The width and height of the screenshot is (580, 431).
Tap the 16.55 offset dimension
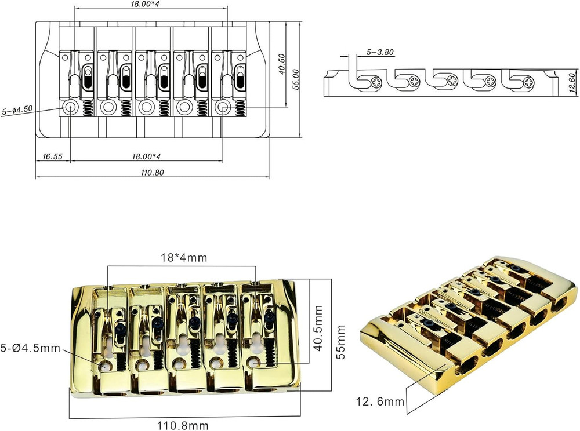point(53,156)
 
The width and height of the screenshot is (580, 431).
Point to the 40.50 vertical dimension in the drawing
point(282,65)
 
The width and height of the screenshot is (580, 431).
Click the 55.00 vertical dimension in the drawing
point(295,79)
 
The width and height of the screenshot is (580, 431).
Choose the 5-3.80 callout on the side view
point(380,52)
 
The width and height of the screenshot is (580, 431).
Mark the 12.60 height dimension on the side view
point(572,82)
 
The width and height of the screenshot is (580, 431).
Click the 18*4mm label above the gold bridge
point(184,257)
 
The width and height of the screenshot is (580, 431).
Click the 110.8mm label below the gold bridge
point(183,425)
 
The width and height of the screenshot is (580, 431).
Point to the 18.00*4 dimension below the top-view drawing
point(147,156)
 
